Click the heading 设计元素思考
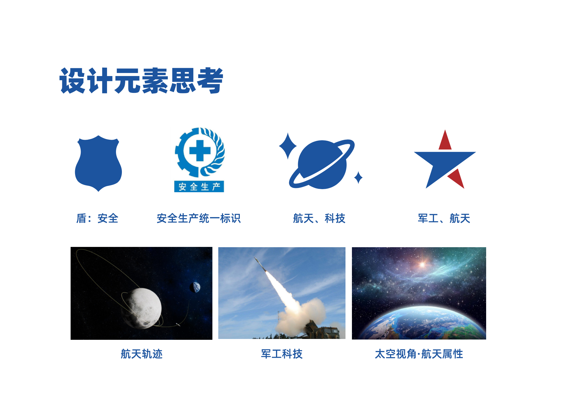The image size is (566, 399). pos(141,81)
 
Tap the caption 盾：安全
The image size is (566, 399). pos(97,218)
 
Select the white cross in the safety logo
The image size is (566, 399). pos(200,151)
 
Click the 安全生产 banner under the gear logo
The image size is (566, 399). pos(199,187)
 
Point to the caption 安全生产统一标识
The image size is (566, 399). pos(199,218)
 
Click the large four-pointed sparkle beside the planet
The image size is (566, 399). pos(288,146)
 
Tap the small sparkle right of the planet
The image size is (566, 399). pos(358,177)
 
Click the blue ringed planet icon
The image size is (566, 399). pos(322,164)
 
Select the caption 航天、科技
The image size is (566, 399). pos(319,218)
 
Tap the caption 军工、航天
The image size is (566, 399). pos(444,218)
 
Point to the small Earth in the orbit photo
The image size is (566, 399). pos(195,287)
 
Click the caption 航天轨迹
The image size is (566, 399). pos(141,354)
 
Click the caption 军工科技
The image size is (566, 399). pos(282,354)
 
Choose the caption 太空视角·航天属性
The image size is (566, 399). pos(419,354)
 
